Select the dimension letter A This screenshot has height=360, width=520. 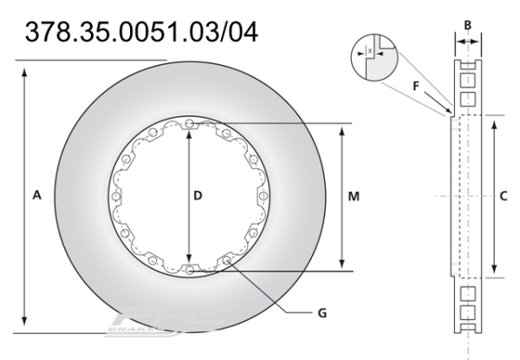36,197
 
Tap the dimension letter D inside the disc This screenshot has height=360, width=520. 198,197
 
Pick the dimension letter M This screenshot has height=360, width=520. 354,197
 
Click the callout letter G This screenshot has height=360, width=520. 322,311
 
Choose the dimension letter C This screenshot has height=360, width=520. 506,197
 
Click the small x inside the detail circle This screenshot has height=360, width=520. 371,51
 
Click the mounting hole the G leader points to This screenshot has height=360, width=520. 226,260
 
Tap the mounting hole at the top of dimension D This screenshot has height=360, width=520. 189,123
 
